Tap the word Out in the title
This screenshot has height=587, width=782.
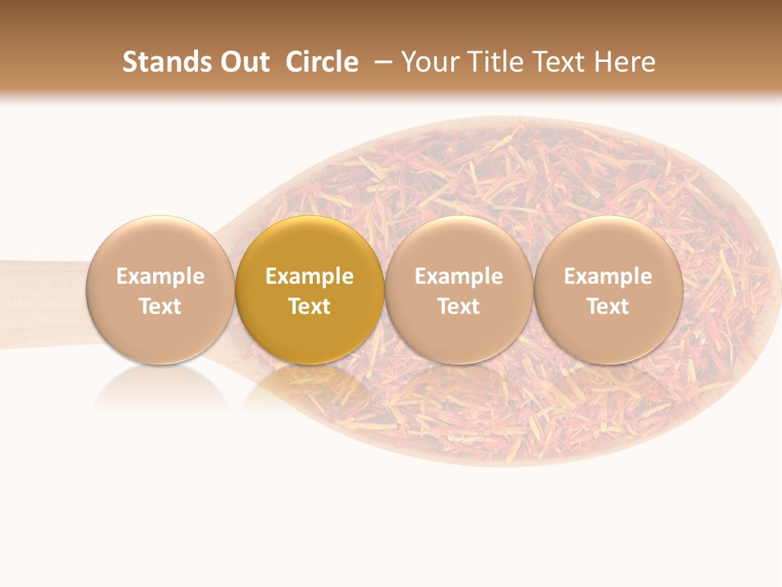[x=242, y=62]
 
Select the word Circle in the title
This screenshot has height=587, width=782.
[x=322, y=62]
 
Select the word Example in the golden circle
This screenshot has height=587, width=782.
[x=310, y=276]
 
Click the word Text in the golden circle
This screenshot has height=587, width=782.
[x=310, y=307]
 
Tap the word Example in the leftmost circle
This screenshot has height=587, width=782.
[x=160, y=276]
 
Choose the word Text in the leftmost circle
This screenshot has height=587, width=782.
[x=160, y=307]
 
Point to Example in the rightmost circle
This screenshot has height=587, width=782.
[x=608, y=276]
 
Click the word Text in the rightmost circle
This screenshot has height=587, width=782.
[x=608, y=307]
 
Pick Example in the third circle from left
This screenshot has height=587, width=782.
[x=459, y=276]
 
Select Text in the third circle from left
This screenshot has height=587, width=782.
[x=459, y=307]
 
